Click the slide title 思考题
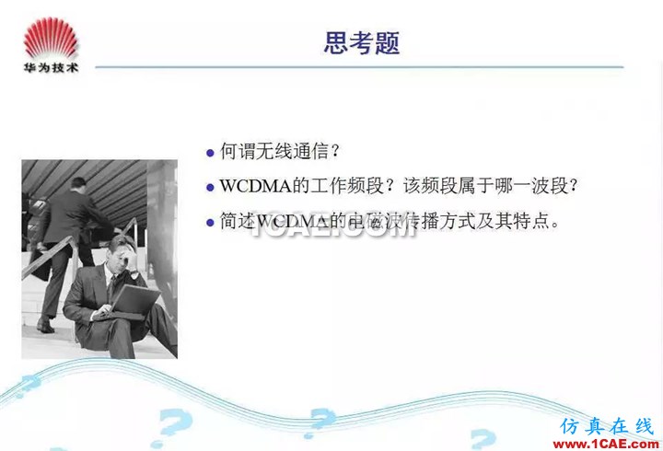362,42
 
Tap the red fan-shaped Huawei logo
52,38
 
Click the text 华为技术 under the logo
52,67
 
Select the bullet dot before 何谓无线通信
210,153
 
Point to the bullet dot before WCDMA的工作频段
210,187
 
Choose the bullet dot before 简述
210,223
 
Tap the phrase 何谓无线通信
274,151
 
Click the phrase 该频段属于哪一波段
485,186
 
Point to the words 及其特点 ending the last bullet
513,221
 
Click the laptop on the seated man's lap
134,301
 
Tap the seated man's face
122,257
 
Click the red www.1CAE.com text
606,444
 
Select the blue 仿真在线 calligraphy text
607,426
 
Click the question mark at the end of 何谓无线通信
335,151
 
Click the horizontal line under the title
359,67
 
